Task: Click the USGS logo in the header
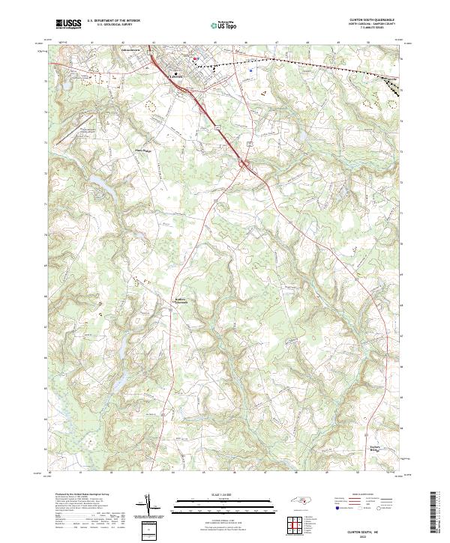click(x=68, y=24)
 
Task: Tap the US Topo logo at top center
click(x=225, y=25)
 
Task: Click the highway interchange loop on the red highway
click(x=245, y=162)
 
